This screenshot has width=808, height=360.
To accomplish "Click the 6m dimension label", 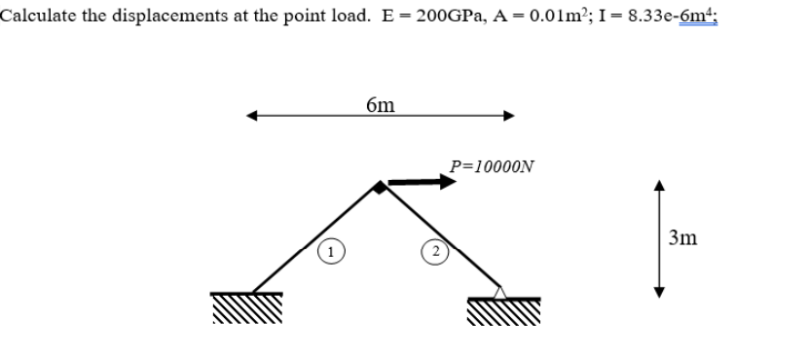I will (380, 103).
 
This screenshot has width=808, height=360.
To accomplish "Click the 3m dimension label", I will (683, 236).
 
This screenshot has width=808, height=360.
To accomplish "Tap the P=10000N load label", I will (492, 165).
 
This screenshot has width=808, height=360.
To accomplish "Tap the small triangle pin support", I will (499, 290).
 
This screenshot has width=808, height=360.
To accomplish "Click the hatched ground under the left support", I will (246, 310).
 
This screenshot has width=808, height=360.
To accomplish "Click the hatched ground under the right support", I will (504, 312).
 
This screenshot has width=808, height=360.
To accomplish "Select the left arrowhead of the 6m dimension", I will (252, 117).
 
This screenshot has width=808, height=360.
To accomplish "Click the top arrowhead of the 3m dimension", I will (659, 188).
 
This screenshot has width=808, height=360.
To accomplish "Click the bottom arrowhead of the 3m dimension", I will (659, 294).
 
